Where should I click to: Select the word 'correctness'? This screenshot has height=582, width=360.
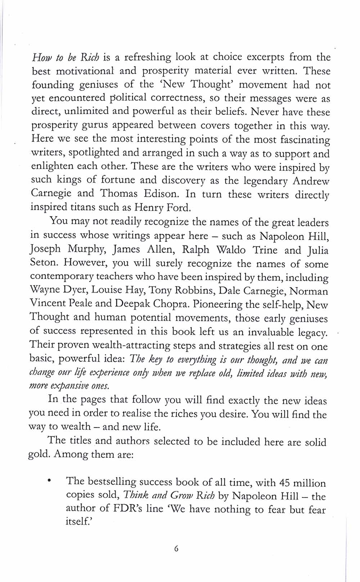176,98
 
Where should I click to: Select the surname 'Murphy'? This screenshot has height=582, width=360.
86,249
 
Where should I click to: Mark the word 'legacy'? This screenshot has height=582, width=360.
310,332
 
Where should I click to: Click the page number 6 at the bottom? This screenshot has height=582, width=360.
176,549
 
